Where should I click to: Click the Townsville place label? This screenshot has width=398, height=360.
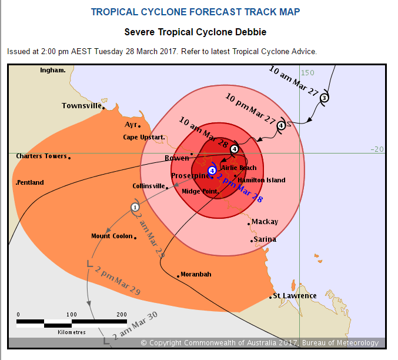82,106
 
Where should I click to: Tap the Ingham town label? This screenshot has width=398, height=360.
52,70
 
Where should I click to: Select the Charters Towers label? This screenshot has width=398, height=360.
41,156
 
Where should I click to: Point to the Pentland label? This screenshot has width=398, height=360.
30,182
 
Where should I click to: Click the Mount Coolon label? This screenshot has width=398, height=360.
112,236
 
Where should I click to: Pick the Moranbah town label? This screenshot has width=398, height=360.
196,275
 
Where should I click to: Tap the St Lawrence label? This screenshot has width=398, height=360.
295,296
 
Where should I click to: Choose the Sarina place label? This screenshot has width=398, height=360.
265,240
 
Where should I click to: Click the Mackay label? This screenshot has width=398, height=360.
265,222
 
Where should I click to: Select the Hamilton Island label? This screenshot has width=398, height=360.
262,180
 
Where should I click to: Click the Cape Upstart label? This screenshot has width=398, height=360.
143,138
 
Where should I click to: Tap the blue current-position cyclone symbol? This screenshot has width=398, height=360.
212,171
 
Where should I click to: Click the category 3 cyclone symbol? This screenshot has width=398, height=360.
324,98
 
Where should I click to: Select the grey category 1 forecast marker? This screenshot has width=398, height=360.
135,207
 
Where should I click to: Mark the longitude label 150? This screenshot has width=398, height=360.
308,72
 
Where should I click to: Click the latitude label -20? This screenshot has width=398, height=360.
376,149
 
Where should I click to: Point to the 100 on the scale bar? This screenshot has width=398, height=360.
72,314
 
